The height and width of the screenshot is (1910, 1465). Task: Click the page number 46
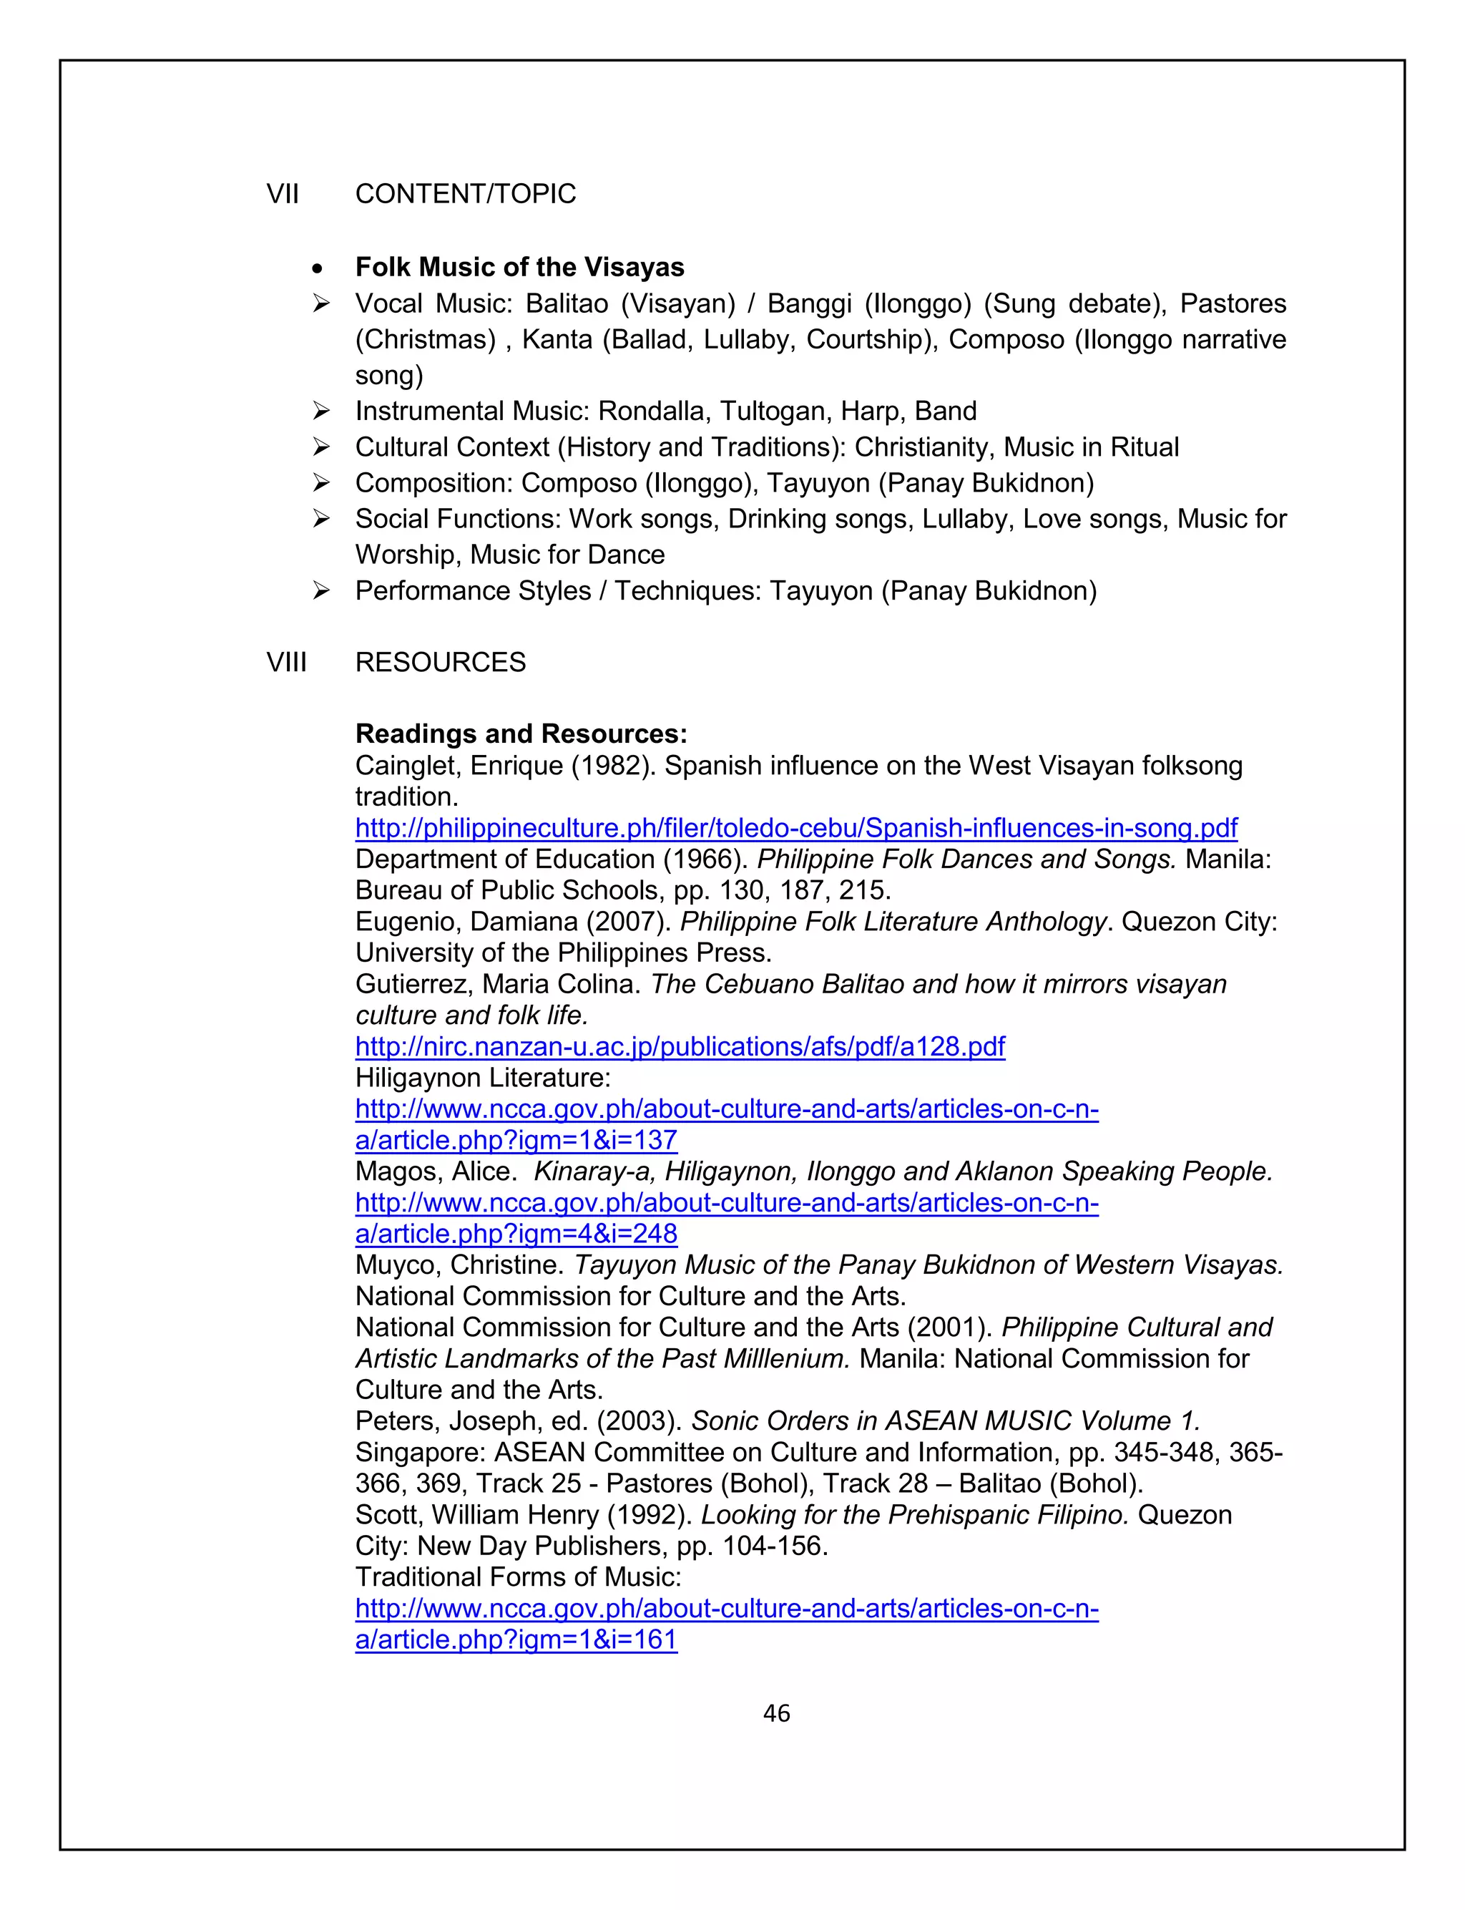point(776,1713)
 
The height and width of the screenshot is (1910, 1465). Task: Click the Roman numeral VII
point(283,194)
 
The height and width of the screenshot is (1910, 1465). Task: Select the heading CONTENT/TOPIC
point(466,194)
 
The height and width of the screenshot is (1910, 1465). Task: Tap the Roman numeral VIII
point(286,662)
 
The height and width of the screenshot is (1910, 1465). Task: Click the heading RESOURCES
point(441,662)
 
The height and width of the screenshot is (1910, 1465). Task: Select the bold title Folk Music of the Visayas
point(520,267)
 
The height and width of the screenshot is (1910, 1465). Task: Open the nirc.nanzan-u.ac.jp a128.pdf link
point(680,1046)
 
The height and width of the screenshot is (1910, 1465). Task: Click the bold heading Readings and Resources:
point(521,734)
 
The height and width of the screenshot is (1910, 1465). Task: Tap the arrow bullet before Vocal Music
point(322,303)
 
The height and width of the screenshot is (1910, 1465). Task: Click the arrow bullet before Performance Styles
point(322,590)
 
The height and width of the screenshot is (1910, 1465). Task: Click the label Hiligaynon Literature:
point(483,1077)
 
